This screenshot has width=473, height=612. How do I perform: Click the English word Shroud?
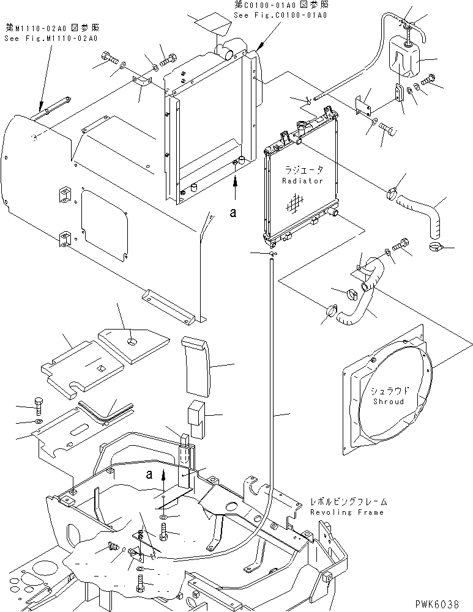click(x=387, y=402)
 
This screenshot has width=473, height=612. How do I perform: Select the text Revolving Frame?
click(x=346, y=512)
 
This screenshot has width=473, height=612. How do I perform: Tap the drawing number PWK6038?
click(x=449, y=603)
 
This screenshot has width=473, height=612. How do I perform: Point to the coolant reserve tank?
click(x=401, y=59)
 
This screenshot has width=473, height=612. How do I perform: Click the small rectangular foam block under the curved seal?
click(x=196, y=413)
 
